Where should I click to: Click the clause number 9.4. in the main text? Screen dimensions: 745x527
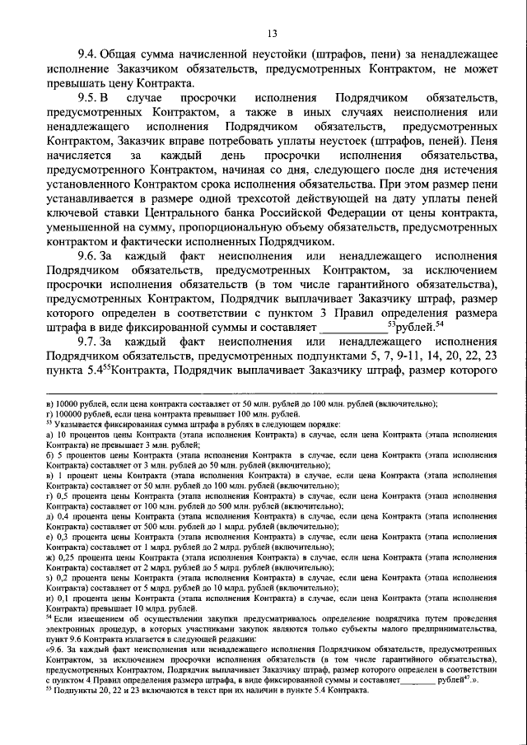(90, 55)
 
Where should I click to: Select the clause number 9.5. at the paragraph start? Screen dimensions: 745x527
(90, 100)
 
